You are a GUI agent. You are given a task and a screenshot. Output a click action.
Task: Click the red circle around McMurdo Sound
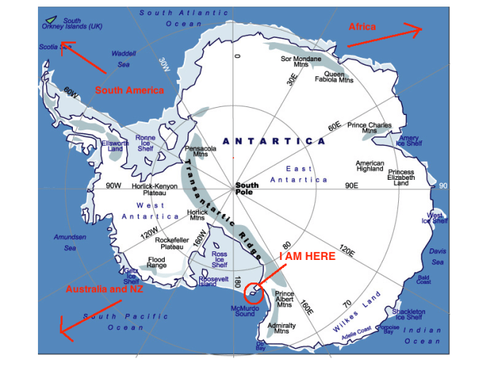click(253, 293)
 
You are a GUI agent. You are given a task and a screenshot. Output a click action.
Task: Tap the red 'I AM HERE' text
click(307, 256)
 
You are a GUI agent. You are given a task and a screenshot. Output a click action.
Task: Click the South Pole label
click(246, 189)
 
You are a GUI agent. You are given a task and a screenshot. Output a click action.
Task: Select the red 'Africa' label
click(362, 27)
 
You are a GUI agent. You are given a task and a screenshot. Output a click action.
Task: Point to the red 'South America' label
click(130, 90)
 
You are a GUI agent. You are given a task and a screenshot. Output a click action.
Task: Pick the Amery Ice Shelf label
click(408, 140)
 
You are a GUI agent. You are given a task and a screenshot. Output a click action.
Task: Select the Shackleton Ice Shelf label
click(409, 313)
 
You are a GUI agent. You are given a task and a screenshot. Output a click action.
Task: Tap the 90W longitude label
click(114, 186)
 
